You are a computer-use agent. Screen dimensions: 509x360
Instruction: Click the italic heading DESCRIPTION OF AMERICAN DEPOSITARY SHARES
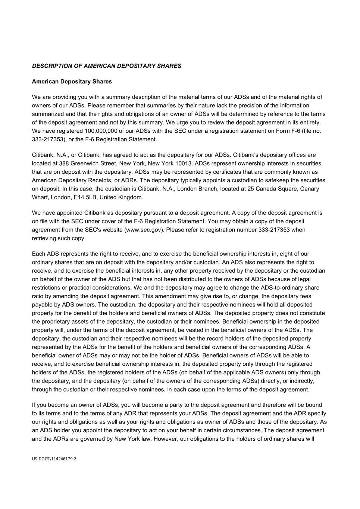click(x=107, y=66)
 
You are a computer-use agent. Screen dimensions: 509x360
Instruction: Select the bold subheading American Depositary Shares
click(x=72, y=81)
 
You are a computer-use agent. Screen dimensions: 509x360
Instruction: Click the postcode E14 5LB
click(x=86, y=197)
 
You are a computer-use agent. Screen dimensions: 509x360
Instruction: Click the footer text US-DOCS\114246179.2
click(x=54, y=459)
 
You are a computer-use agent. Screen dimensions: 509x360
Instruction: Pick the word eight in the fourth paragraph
click(x=287, y=254)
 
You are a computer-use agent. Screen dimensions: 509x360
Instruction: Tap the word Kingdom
click(x=131, y=197)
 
